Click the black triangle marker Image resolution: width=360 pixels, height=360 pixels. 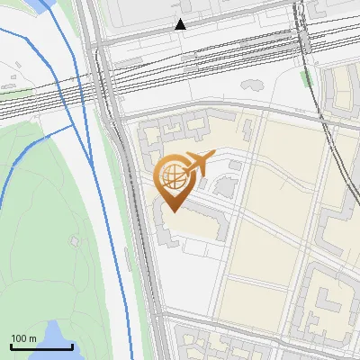click(x=181, y=24)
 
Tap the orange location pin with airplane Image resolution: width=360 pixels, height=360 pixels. click(x=173, y=177)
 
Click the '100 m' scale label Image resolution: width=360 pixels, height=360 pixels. click(x=23, y=339)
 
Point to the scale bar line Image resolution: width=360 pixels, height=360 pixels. click(x=40, y=346)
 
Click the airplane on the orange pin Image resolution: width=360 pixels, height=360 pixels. click(x=198, y=163)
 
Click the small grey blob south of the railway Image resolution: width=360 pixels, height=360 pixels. click(x=251, y=85)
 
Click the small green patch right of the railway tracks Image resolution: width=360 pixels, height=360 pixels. click(x=308, y=78)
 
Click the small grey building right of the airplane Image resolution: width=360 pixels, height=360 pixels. click(x=235, y=165)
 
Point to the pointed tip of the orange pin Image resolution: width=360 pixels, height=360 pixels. click(x=173, y=211)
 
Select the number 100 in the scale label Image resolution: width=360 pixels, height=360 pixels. click(x=19, y=339)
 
